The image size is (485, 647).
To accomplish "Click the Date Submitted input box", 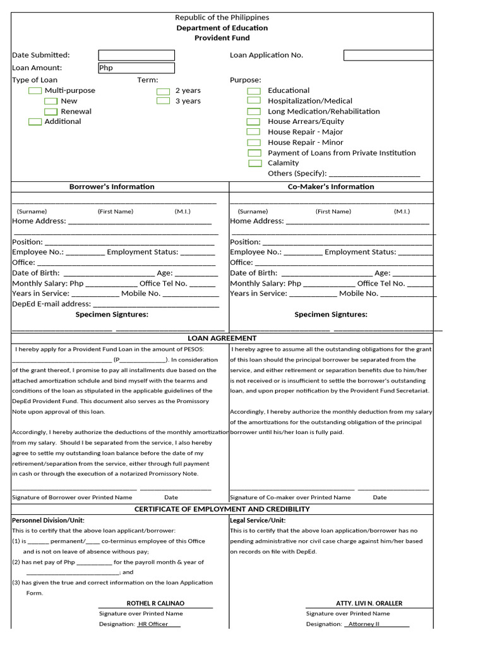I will (136, 56).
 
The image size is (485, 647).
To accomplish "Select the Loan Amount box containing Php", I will (136, 68).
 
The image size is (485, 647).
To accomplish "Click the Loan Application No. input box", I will (388, 56).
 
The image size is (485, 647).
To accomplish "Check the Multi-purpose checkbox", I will (35, 91).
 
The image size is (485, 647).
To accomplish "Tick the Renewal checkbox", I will (51, 112).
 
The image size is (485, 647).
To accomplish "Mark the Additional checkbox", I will (35, 122).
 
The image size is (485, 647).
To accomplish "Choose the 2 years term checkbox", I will (163, 91).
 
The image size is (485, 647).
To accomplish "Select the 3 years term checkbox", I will (163, 101).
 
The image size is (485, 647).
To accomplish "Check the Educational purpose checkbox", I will (253, 91).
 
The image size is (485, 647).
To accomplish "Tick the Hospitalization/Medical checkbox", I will (253, 100).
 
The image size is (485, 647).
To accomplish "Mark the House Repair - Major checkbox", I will (253, 132).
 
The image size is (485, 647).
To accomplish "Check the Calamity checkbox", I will (254, 163).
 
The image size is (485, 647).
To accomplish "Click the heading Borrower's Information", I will (112, 187).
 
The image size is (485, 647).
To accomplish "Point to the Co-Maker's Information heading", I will (331, 187).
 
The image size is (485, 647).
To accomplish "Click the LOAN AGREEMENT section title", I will (222, 339).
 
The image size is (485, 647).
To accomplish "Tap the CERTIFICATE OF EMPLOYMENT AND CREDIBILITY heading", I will (222, 509).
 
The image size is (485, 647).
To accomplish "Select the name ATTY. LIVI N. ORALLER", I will (369, 603).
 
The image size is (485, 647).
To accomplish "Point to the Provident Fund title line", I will (222, 39).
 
